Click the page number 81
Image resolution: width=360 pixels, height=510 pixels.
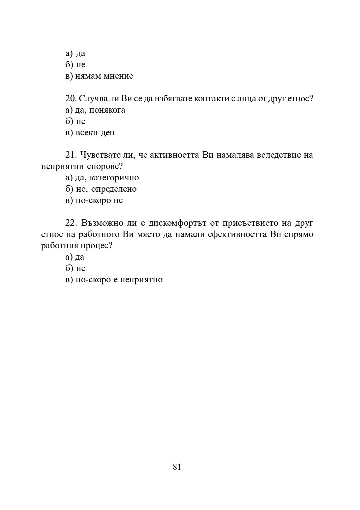coord(177,467)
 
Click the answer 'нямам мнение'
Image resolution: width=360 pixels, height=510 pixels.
coord(104,76)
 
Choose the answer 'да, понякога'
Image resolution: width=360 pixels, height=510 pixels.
coord(100,110)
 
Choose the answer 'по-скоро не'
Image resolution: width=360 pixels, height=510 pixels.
coord(99,200)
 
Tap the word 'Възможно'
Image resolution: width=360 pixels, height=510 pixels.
coord(102,223)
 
